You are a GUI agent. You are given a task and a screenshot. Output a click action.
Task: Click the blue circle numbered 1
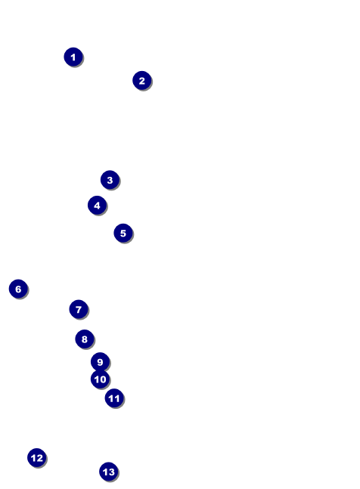73,57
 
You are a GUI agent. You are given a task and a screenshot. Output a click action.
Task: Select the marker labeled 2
142,80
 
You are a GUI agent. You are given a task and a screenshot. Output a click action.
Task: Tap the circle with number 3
110,180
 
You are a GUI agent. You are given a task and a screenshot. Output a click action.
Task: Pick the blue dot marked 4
97,206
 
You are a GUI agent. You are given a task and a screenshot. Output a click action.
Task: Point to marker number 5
123,233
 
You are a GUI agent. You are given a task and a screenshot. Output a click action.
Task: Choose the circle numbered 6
18,289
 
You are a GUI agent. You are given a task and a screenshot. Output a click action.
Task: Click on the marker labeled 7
79,309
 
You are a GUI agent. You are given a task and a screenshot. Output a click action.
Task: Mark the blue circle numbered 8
85,339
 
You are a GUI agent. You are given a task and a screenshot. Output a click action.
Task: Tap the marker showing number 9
100,362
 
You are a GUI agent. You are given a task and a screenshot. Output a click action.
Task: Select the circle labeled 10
100,379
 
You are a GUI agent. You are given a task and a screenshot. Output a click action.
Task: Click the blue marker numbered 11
114,398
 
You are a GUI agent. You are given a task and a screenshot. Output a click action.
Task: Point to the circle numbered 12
37,458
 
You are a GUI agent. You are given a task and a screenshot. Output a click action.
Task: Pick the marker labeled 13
109,472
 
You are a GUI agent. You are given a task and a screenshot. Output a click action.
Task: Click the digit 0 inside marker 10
103,379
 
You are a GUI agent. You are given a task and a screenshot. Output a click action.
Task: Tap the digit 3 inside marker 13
111,472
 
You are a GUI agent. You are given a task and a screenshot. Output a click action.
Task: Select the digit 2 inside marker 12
39,458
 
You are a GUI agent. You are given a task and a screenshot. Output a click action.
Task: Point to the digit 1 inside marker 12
33,458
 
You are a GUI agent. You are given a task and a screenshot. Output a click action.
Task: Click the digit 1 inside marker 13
105,472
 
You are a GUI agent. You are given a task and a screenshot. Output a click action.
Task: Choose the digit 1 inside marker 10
96,379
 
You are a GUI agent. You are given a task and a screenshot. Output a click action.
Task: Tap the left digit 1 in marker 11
110,398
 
